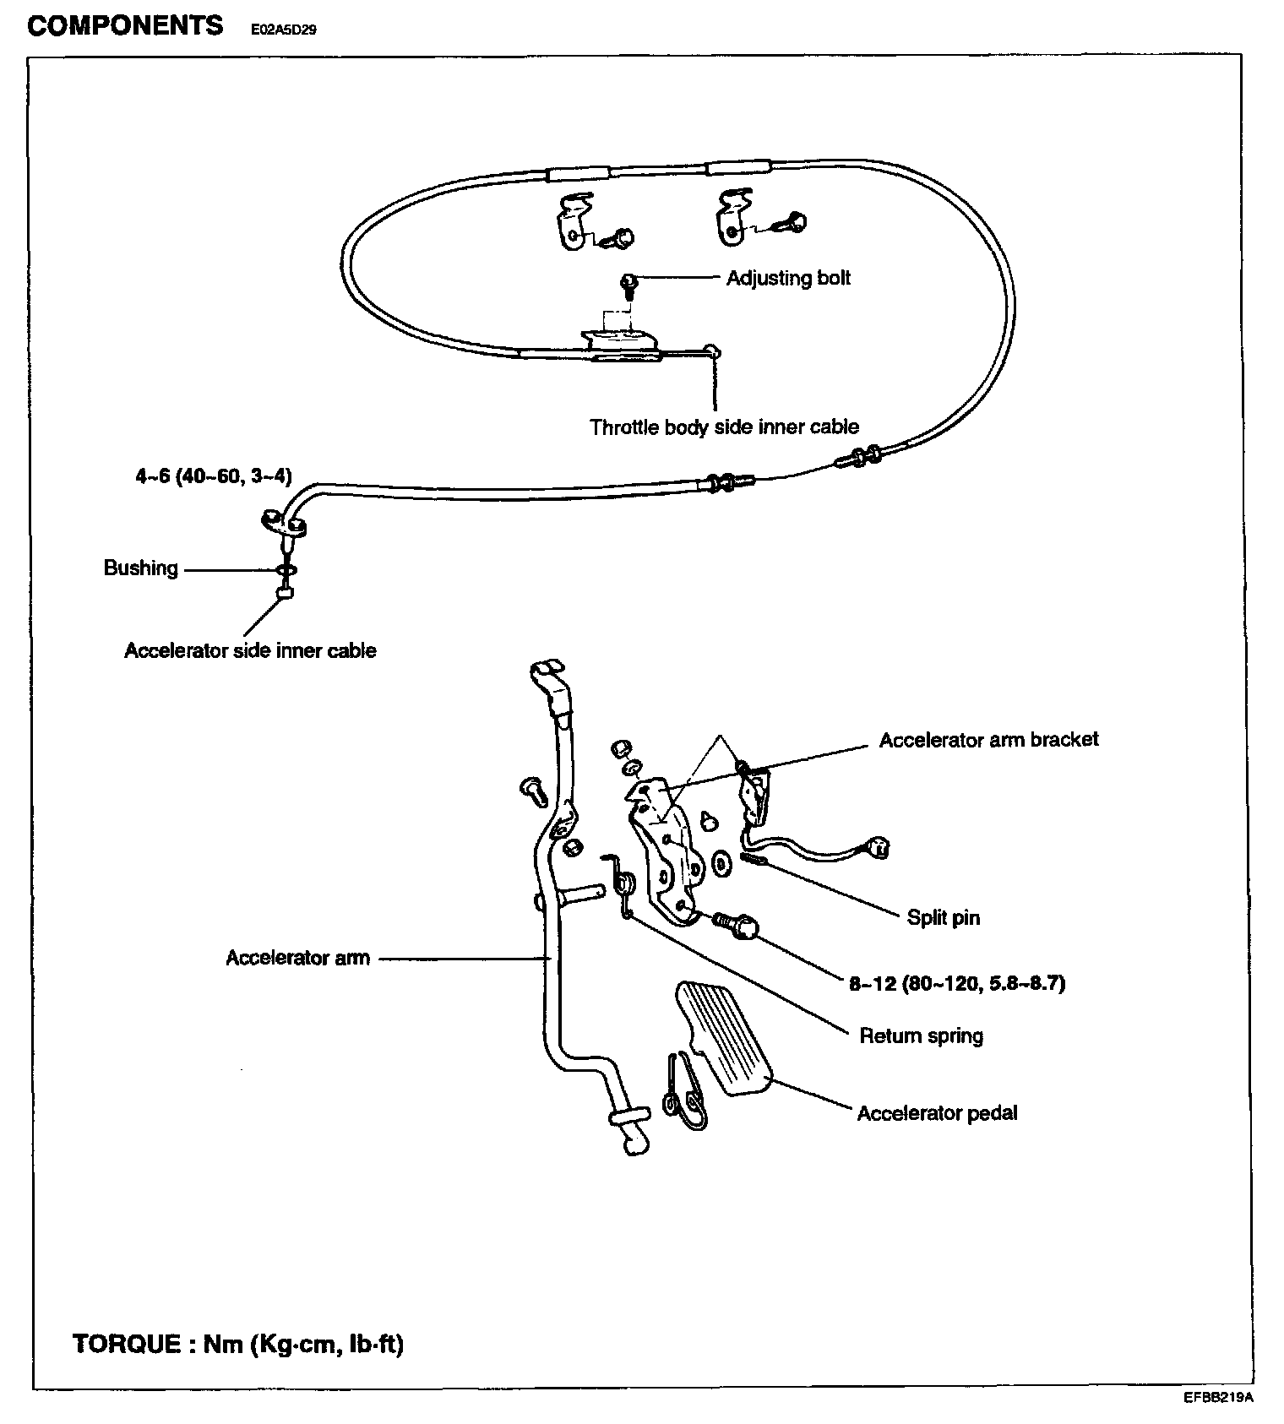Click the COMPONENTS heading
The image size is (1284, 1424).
[125, 25]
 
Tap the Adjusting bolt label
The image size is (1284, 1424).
[788, 279]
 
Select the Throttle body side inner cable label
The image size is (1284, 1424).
[724, 427]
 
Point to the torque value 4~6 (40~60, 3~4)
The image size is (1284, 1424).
[214, 476]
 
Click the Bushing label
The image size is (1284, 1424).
[140, 568]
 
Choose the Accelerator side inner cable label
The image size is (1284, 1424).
[250, 650]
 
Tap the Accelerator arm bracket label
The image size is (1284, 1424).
[988, 740]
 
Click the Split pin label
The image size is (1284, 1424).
[943, 917]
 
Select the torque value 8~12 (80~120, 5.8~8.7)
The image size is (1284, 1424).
[957, 983]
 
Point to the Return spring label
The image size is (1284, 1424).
[921, 1035]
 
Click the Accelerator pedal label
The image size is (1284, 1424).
[937, 1113]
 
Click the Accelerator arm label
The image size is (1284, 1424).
[297, 958]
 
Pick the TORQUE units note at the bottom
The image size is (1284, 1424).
[238, 1343]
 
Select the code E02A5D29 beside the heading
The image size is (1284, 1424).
[283, 30]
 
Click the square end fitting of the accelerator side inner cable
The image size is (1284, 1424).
[285, 594]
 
